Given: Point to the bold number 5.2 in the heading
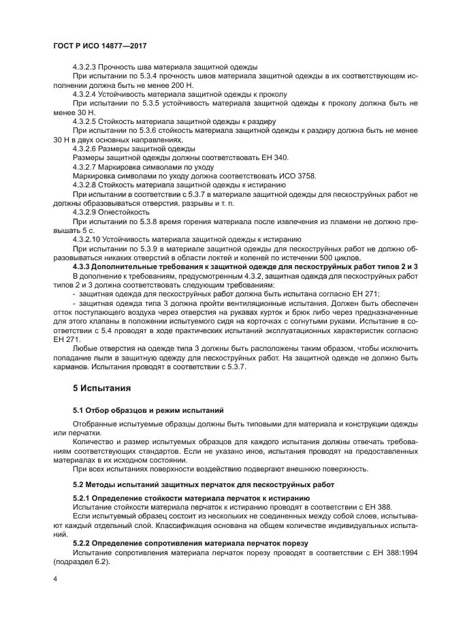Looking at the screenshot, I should [x=78, y=484].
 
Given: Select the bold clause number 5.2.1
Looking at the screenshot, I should [x=82, y=498].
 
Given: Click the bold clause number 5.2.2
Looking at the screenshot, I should [x=82, y=544].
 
